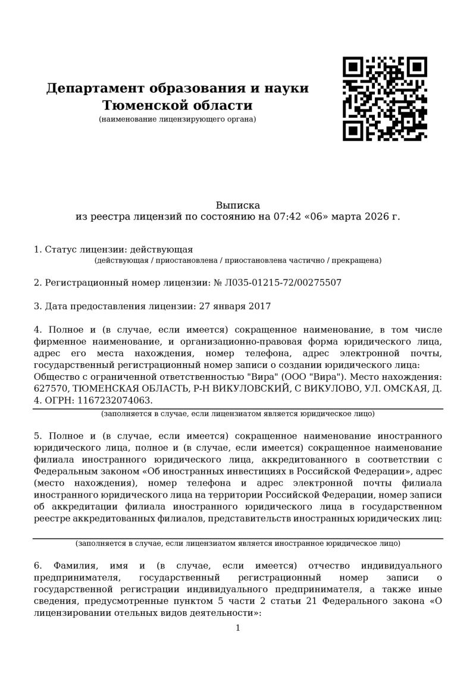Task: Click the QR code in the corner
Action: tap(384, 99)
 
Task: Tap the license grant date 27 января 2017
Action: tap(233, 307)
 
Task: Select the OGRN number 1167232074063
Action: tap(111, 400)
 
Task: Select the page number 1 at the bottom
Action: tap(237, 628)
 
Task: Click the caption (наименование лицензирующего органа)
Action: tap(177, 119)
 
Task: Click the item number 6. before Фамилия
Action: tap(37, 564)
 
